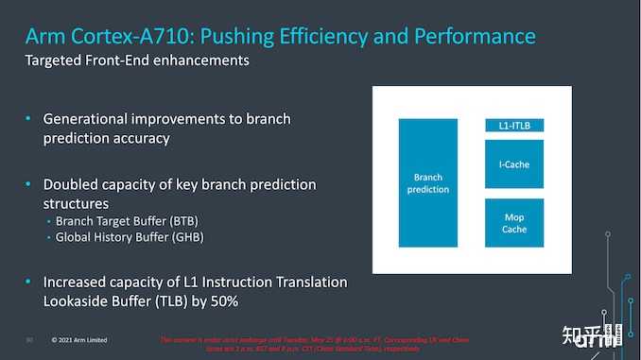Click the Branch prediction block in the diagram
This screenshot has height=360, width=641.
click(x=427, y=182)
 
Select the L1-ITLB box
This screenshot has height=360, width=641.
click(x=513, y=126)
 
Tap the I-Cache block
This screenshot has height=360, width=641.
click(x=513, y=164)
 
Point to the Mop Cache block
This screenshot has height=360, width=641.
click(x=513, y=223)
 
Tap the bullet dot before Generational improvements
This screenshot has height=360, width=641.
click(x=29, y=119)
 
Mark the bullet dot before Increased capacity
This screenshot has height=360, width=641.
click(x=29, y=283)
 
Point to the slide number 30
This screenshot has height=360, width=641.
click(x=30, y=338)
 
